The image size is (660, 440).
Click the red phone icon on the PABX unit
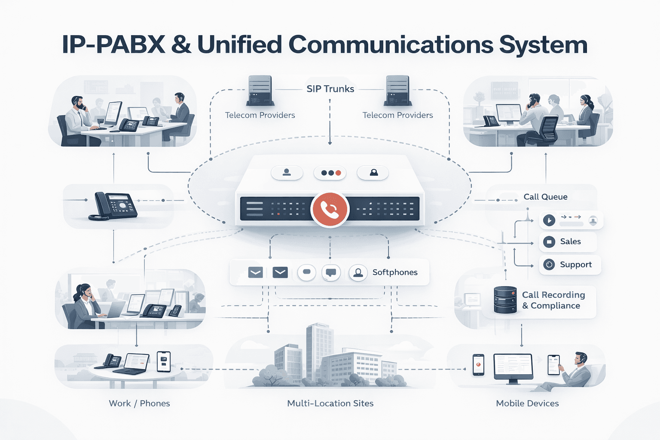point(330,209)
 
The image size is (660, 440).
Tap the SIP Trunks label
point(330,89)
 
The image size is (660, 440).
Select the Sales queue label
point(570,241)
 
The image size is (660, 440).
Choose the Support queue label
point(575,265)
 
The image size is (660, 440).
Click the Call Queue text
point(545,197)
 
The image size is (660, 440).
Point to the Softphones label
point(394,272)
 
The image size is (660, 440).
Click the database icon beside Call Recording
point(505,299)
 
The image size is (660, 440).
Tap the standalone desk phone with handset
point(113,206)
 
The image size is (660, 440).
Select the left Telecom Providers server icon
point(260,90)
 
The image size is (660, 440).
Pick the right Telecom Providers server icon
point(397,90)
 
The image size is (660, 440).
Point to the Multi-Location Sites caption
point(330,403)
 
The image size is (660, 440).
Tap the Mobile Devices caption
point(527,403)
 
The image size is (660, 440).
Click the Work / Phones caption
point(139,403)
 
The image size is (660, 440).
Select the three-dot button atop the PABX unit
point(330,173)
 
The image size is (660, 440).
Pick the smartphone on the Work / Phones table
point(164,361)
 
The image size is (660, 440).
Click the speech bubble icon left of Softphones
point(331,272)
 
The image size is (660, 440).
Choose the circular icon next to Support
point(549,265)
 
